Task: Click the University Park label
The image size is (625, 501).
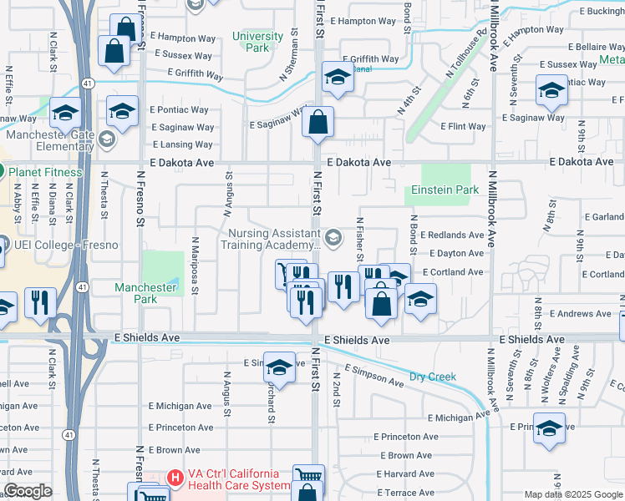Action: click(257, 42)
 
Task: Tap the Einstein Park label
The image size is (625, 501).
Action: click(442, 190)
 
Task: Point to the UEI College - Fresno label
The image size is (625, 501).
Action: click(66, 245)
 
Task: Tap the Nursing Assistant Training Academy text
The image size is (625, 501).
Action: click(271, 240)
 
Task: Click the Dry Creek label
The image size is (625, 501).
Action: click(433, 377)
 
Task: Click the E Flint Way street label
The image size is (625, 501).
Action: click(463, 127)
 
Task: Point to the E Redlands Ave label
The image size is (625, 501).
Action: click(452, 235)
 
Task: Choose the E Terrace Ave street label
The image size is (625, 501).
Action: click(407, 493)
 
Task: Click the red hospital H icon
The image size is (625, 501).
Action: click(175, 478)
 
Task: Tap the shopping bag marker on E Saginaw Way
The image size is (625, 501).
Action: click(318, 124)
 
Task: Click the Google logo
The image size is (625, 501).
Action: click(28, 492)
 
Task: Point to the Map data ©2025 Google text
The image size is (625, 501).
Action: click(572, 494)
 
